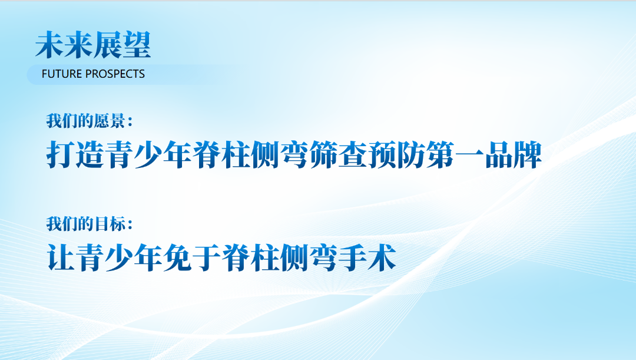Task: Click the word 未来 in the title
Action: point(64,45)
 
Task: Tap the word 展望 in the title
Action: point(122,45)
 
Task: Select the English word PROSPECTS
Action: point(115,74)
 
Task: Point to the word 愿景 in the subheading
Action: point(110,121)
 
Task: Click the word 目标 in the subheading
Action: point(110,224)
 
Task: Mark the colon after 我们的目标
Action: point(130,224)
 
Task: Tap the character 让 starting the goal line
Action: point(61,257)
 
